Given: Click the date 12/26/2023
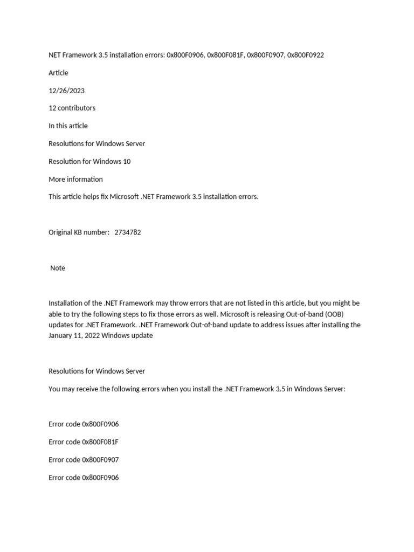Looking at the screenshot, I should [x=66, y=91].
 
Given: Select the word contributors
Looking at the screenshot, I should [x=77, y=108].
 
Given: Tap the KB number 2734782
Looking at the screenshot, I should [x=128, y=232].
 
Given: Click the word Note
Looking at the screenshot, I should [x=58, y=268].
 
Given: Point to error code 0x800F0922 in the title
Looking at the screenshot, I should [x=306, y=55].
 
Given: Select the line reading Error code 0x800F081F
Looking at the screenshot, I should [x=84, y=442].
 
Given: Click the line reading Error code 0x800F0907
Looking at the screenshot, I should [x=84, y=460].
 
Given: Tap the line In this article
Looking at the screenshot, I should [x=68, y=126].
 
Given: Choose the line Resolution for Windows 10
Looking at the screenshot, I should [x=89, y=161].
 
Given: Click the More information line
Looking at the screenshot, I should [x=75, y=179].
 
